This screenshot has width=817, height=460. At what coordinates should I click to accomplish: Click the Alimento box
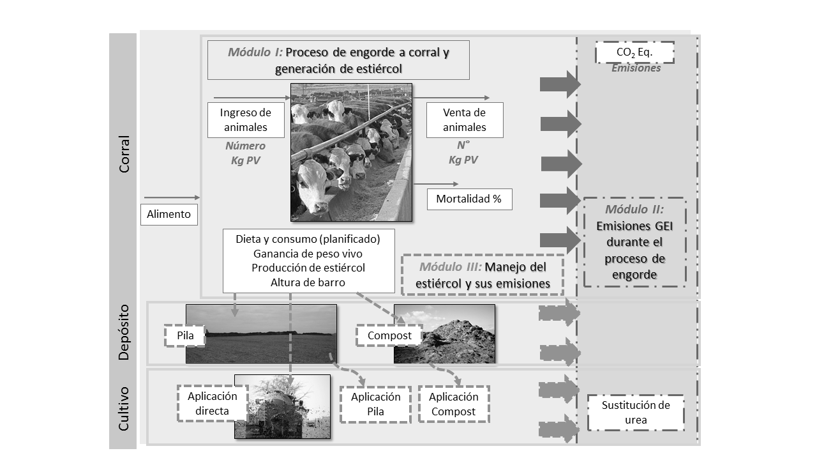169,214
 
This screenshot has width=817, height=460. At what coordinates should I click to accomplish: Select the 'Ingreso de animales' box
246,120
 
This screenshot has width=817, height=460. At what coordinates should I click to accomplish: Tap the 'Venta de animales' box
465,120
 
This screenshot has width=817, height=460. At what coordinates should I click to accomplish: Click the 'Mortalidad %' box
469,199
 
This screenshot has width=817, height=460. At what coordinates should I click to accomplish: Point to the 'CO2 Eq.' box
634,52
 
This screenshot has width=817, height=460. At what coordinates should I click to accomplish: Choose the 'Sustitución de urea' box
636,413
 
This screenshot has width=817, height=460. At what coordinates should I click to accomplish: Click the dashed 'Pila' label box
185,335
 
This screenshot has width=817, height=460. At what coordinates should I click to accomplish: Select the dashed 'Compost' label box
389,335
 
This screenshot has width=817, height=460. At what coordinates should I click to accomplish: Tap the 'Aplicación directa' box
213,403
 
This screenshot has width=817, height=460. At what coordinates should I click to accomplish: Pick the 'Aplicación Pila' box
376,404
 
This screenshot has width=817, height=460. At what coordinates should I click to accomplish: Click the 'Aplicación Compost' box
454,404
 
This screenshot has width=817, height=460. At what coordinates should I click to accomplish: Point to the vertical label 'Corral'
124,154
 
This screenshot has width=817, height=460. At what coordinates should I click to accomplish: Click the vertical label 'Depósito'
124,332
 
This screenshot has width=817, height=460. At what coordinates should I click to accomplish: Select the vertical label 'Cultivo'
124,409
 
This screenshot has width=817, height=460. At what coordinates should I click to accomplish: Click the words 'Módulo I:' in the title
255,52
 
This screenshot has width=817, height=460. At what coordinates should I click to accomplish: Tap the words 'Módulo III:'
451,267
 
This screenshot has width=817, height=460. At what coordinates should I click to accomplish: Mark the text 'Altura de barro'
308,282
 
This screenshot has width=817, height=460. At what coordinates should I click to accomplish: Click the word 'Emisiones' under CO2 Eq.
636,68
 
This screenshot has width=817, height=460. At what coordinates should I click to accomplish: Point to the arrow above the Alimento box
172,197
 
